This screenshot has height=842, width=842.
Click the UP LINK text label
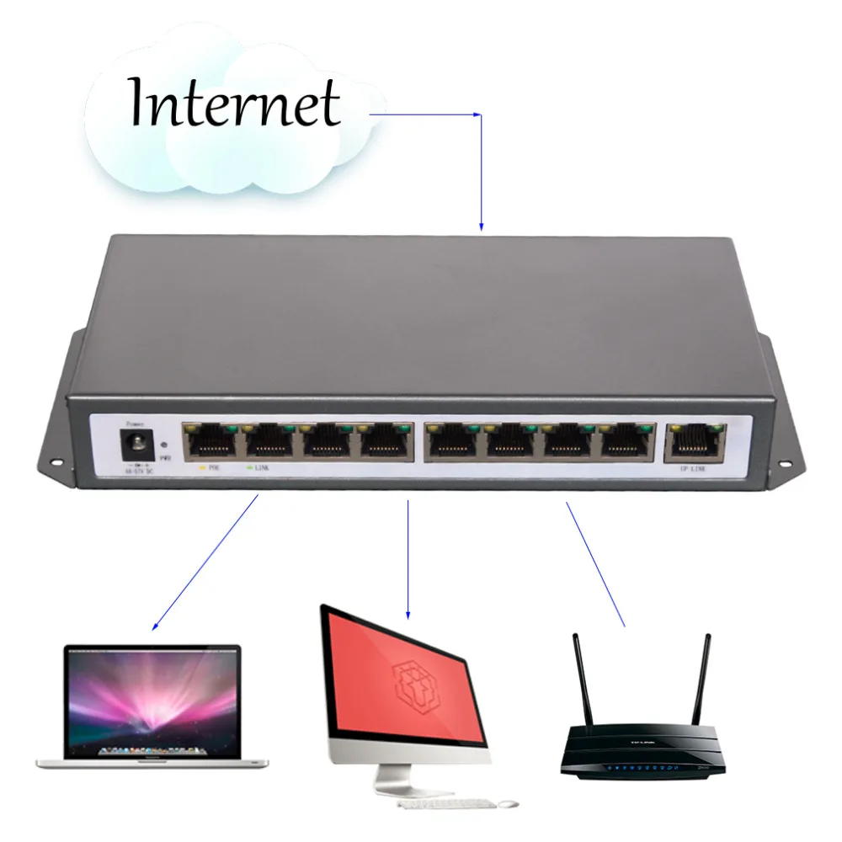(692, 468)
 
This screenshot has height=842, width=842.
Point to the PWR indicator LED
(163, 443)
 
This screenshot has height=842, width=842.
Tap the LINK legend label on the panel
(259, 466)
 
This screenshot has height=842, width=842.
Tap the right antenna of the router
(701, 679)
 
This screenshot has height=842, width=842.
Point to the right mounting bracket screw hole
(788, 461)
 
